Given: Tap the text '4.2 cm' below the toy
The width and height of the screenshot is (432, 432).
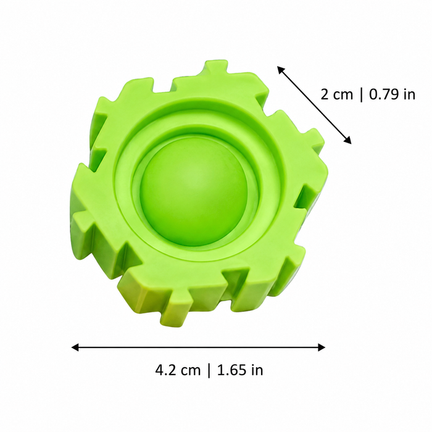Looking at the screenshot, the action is coord(178,370).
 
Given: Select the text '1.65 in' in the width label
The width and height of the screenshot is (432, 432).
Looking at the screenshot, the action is coord(240,370).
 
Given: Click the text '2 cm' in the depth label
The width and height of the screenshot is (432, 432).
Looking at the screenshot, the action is coord(337,94).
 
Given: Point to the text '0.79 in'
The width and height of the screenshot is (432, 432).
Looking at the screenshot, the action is coord(392,94).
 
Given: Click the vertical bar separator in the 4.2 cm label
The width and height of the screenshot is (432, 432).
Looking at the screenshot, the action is coord(209,370).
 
